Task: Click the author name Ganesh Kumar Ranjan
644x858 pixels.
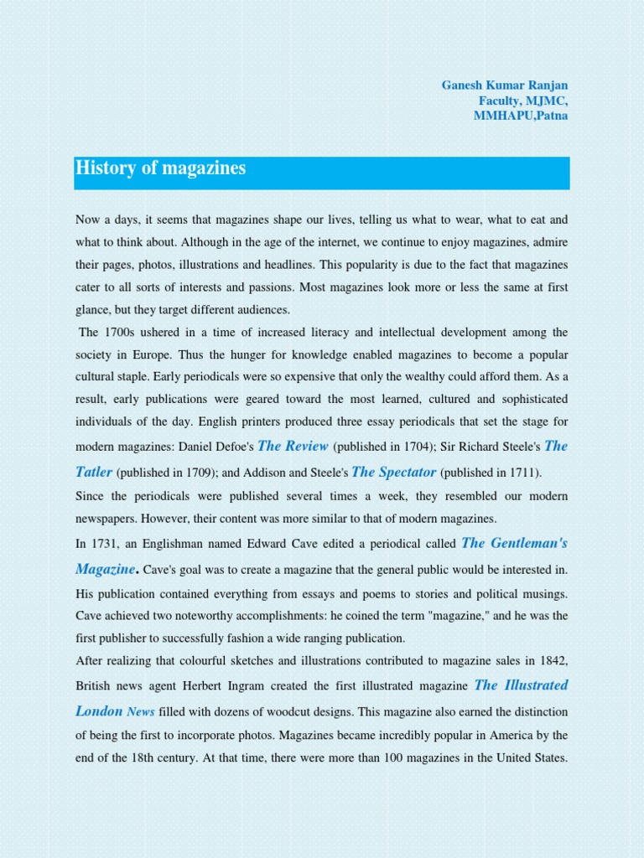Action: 505,85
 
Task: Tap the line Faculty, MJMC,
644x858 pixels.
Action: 523,101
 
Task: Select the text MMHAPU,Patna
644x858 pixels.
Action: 521,116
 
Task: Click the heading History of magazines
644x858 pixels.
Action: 161,168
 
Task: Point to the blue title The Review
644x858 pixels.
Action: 293,446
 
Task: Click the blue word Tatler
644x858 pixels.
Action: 94,472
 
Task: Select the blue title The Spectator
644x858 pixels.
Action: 394,472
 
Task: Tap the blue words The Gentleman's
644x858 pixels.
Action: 515,542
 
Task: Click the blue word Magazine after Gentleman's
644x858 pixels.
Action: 106,569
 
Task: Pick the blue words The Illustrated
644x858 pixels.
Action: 521,685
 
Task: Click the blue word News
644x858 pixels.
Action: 141,711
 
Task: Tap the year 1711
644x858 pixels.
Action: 522,473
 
